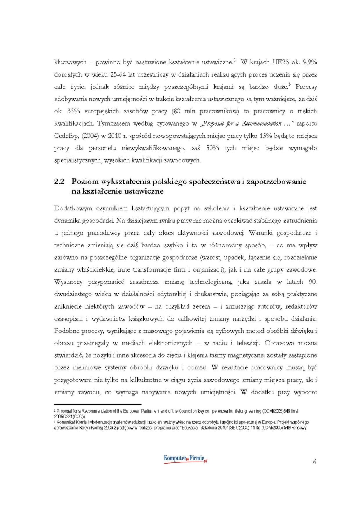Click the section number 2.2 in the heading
pos(59,182)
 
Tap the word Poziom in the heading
pos(85,182)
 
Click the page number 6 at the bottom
pos(314,462)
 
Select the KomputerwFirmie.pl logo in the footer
pos(186,459)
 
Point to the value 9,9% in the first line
pos(310,62)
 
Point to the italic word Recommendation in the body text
pos(262,124)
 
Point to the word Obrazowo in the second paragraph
pos(280,343)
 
